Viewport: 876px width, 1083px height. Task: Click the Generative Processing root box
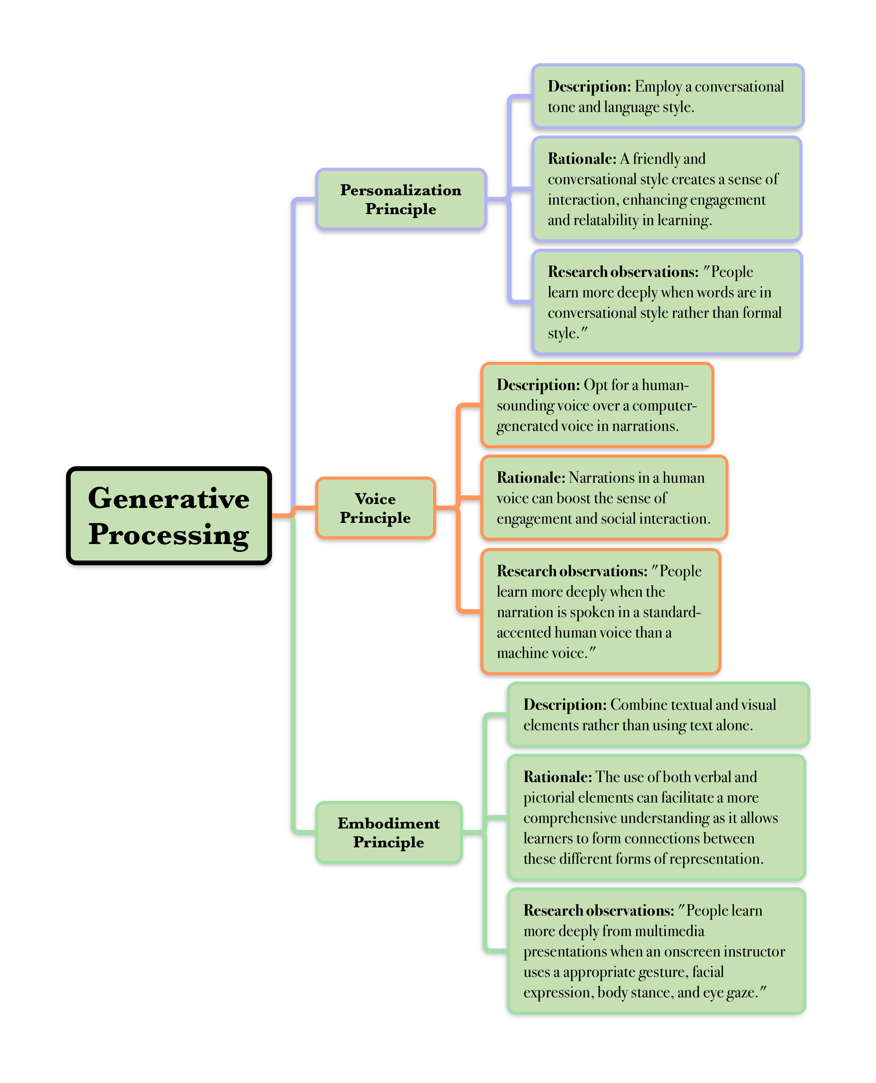tap(169, 515)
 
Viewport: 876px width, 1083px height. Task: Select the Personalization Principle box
tap(400, 199)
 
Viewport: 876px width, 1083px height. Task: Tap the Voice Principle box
tap(375, 508)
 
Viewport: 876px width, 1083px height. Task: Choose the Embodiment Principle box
tap(389, 832)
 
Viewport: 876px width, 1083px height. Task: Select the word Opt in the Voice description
tap(595, 385)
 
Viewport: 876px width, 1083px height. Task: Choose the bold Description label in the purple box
tap(589, 87)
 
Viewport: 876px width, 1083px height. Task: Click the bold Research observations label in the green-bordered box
tap(599, 911)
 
